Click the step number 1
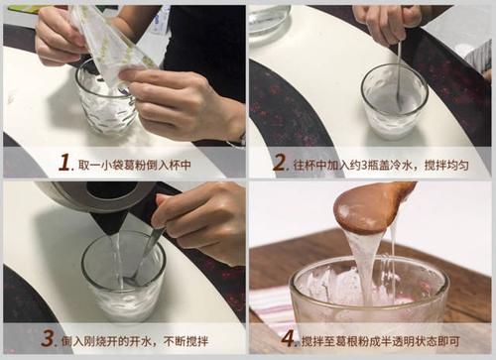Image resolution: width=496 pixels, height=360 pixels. point(65,163)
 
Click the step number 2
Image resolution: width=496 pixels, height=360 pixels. point(280,163)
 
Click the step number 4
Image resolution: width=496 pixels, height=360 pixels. point(288,337)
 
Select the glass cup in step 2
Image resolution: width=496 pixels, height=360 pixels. point(394,103)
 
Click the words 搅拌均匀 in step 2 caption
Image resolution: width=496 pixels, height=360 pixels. point(452,163)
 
